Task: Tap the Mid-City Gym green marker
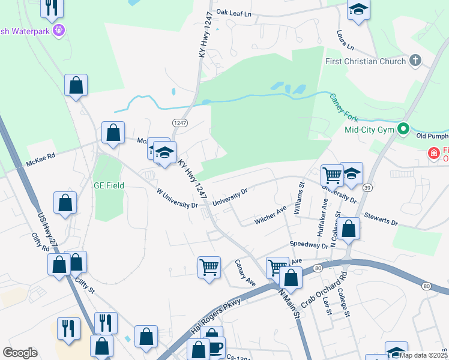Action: point(404,129)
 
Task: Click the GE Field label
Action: point(109,186)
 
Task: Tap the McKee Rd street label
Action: point(40,160)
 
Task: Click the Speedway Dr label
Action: point(309,245)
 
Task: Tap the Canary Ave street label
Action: point(245,272)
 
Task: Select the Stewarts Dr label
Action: point(381,218)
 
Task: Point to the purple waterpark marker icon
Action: point(58,30)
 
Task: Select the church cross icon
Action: point(415,61)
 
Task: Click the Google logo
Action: point(20,353)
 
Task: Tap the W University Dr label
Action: point(177,199)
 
